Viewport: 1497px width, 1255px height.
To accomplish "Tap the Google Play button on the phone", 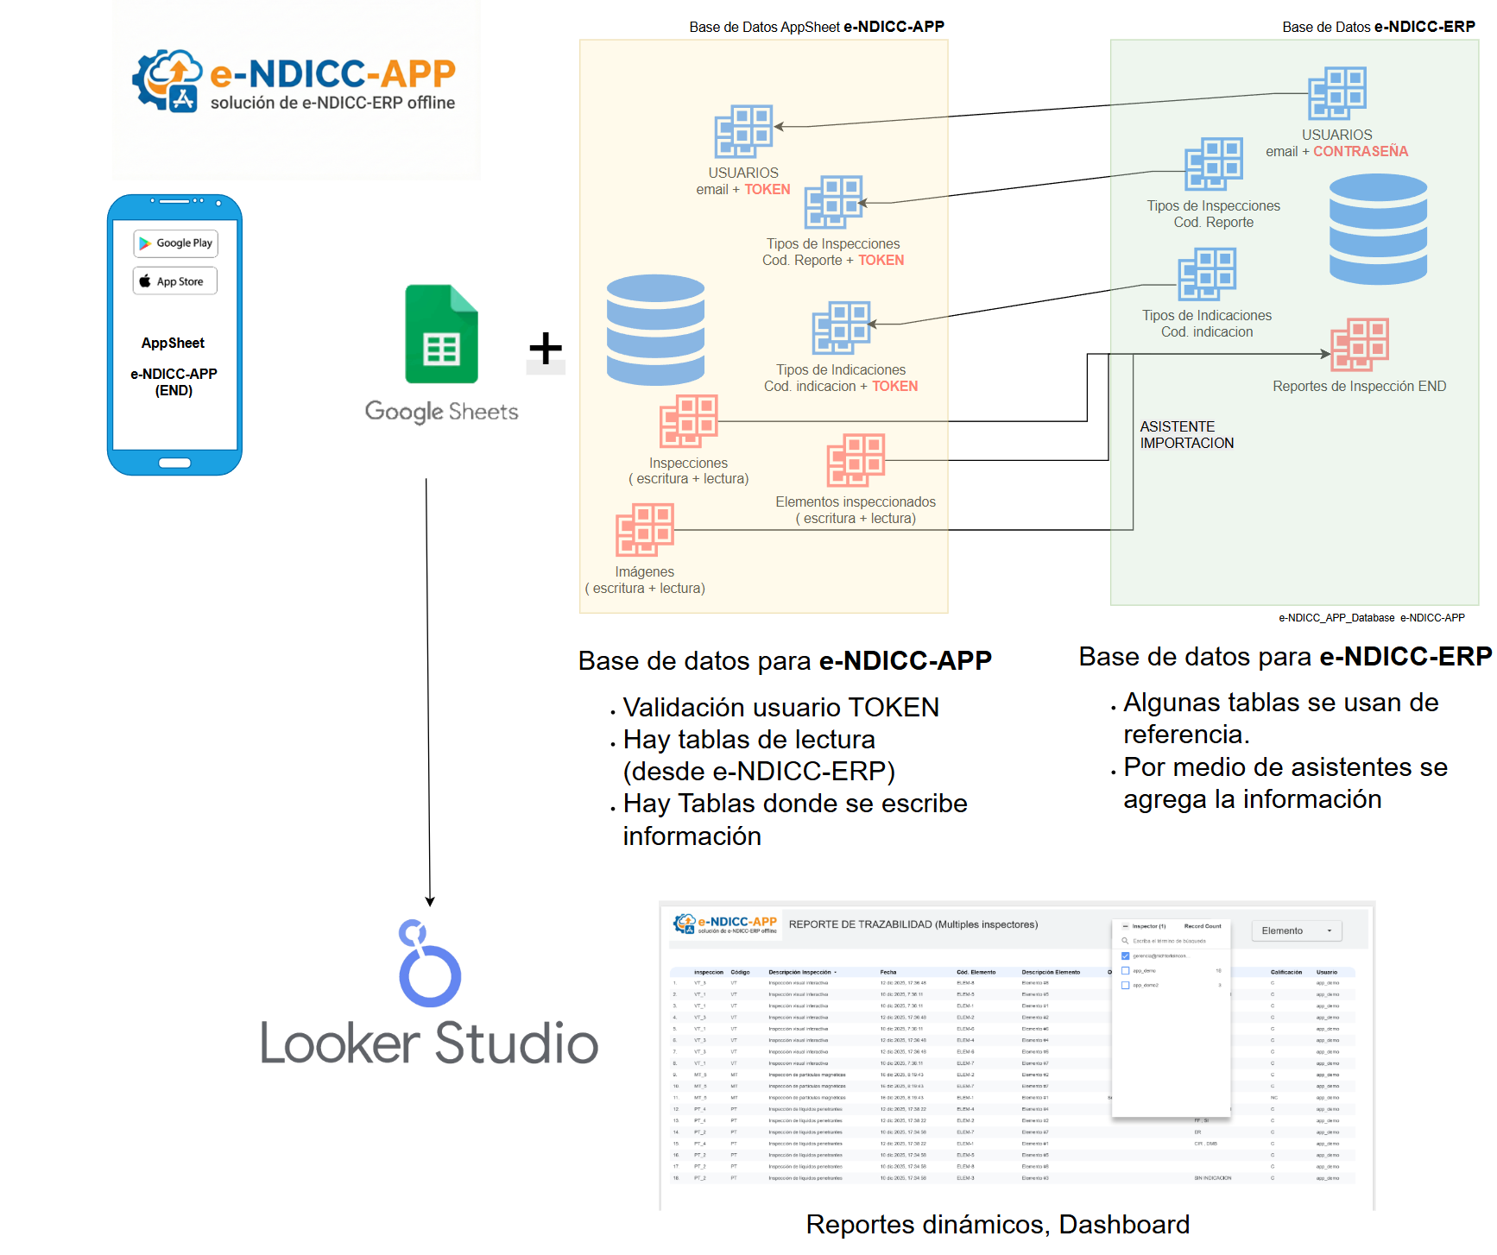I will coord(175,243).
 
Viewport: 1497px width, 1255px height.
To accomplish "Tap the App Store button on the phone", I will coord(175,281).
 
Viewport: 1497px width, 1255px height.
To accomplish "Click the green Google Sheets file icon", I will coord(441,334).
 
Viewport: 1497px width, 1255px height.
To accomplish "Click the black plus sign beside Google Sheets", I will coord(546,349).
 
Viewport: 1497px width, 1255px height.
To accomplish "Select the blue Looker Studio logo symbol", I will coord(429,964).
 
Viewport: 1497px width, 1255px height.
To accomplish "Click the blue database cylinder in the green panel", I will coord(1378,229).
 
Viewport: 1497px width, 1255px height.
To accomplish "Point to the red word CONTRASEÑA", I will coord(1361,152).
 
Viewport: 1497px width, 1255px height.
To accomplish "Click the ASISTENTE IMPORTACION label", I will coord(1186,435).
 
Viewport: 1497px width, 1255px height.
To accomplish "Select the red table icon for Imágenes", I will coord(644,530).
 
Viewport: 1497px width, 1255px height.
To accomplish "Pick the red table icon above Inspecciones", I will coord(688,421).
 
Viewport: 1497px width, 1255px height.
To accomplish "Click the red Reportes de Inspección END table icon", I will coord(1359,344).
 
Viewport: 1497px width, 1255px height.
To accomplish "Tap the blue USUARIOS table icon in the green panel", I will coord(1336,93).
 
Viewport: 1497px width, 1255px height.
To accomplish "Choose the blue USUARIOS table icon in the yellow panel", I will coord(743,131).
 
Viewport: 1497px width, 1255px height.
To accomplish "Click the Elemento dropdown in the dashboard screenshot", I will coord(1297,930).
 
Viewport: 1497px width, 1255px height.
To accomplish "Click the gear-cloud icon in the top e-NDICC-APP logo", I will coord(167,80).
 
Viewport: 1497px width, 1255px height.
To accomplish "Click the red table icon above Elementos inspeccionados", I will coord(856,460).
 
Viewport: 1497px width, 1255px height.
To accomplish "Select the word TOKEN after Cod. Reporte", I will coord(881,261).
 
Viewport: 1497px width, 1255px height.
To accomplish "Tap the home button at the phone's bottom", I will coord(174,463).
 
